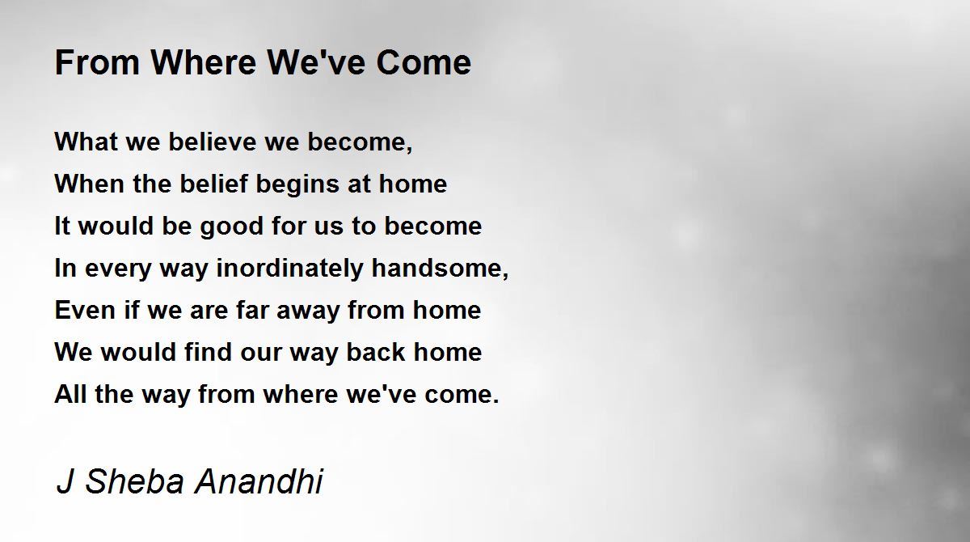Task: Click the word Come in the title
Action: [424, 63]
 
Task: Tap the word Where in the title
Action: [204, 63]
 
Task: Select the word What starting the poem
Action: [86, 142]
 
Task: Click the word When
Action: [90, 184]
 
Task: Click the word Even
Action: [85, 310]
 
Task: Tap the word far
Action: [251, 310]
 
